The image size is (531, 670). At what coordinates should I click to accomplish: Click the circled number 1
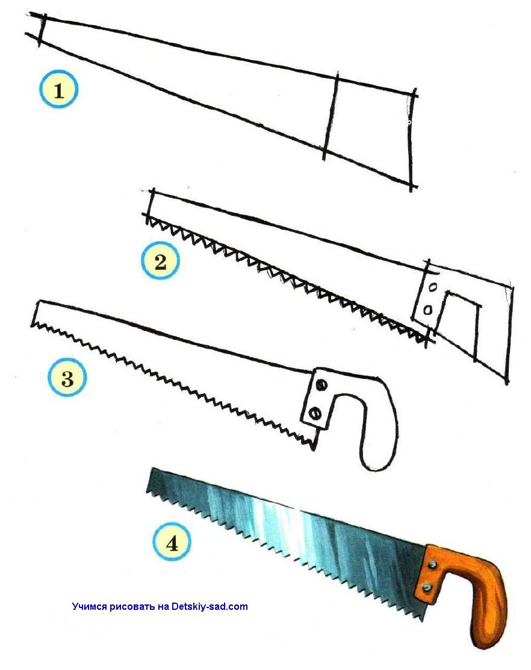tap(58, 89)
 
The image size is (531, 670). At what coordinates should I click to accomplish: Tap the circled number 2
tap(161, 260)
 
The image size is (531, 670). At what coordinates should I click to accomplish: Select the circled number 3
tap(67, 378)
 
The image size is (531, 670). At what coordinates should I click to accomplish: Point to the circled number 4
tap(172, 544)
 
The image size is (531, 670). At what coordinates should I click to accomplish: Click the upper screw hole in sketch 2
tap(433, 287)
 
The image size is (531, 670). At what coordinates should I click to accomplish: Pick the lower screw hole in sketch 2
tap(427, 309)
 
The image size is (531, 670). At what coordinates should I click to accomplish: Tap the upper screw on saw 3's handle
tap(321, 386)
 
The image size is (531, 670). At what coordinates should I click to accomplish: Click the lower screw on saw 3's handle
tap(316, 413)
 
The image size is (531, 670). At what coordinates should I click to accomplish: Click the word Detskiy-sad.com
tap(210, 606)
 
